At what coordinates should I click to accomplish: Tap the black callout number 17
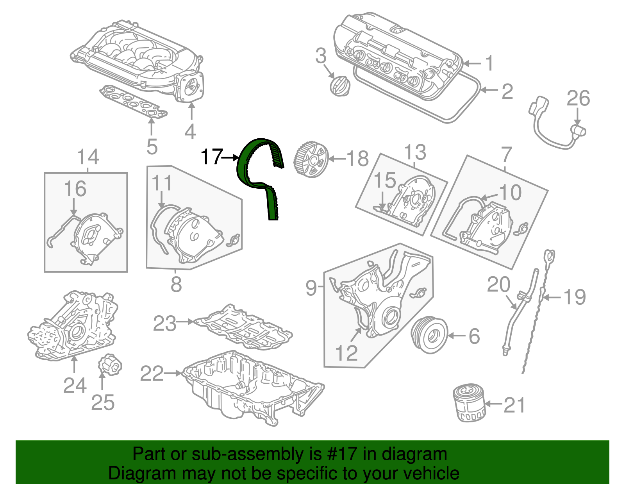(211, 157)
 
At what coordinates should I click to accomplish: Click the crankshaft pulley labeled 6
(429, 335)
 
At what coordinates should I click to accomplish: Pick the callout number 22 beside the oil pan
(152, 374)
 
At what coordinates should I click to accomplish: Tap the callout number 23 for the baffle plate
(164, 323)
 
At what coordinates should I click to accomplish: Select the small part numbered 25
(110, 365)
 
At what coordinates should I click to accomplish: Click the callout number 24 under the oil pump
(75, 386)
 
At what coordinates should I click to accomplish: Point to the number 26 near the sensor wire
(578, 98)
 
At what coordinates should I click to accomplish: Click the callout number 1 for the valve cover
(489, 63)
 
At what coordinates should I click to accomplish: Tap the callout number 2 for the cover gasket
(507, 91)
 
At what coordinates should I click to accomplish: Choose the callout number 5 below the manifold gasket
(152, 147)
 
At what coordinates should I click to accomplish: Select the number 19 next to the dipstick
(575, 297)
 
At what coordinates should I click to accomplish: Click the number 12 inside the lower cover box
(346, 353)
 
